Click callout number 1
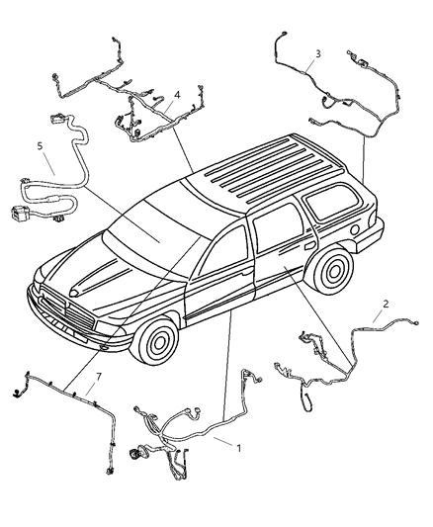[x=237, y=447]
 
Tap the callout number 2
[x=386, y=304]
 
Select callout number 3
[x=317, y=52]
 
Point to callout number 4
[x=176, y=96]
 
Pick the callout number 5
[x=40, y=145]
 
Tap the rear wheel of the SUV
[x=333, y=270]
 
